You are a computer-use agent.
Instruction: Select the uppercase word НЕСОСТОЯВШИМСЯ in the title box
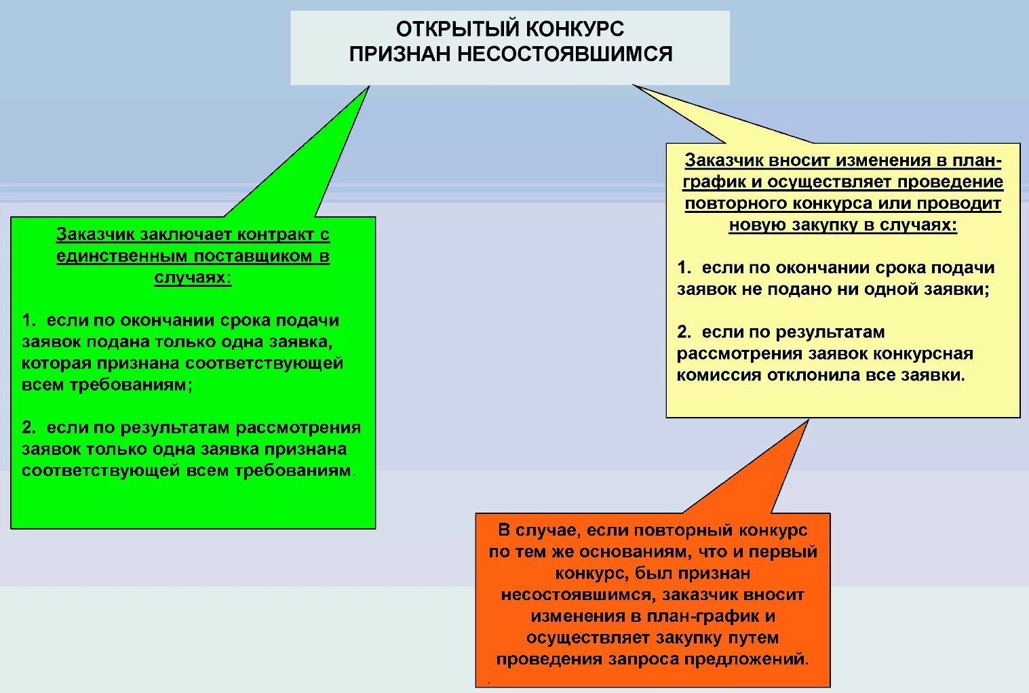click(564, 54)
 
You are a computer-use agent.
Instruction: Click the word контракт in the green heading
click(273, 235)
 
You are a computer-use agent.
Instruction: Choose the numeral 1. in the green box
click(28, 320)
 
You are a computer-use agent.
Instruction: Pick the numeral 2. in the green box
click(28, 427)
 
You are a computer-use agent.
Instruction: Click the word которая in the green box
click(56, 363)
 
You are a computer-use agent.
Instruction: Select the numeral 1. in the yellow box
click(684, 268)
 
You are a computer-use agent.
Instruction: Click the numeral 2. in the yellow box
click(684, 332)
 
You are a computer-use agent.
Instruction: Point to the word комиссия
click(719, 375)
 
